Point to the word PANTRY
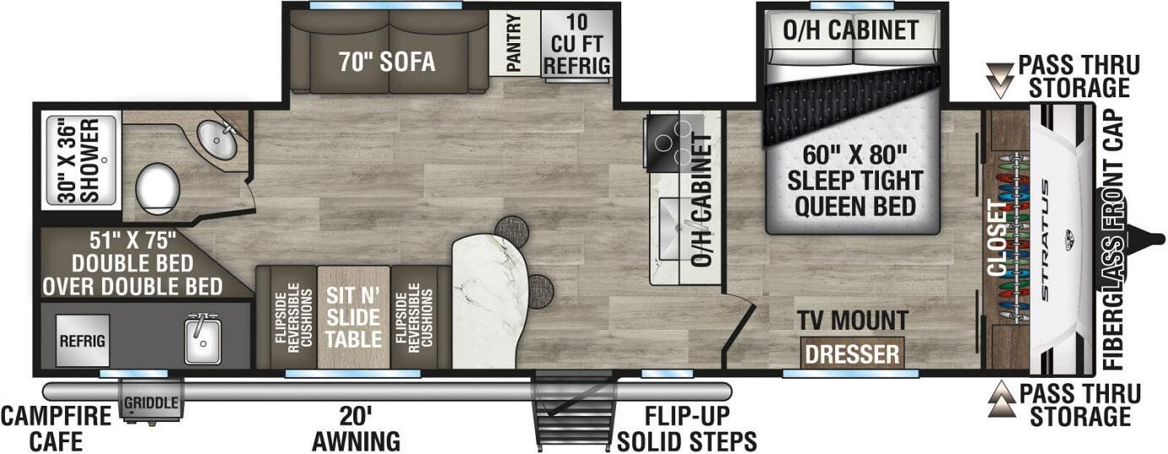(x=514, y=43)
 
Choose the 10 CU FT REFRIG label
(x=577, y=43)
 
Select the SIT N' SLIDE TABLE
(x=353, y=316)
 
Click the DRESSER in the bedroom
(x=852, y=353)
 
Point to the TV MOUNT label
(x=853, y=320)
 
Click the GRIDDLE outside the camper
(x=151, y=403)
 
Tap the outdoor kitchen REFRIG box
(x=82, y=341)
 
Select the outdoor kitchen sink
(x=203, y=342)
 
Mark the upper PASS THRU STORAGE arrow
(x=1003, y=79)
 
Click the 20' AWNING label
(x=355, y=428)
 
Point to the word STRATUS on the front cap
(x=1047, y=239)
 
